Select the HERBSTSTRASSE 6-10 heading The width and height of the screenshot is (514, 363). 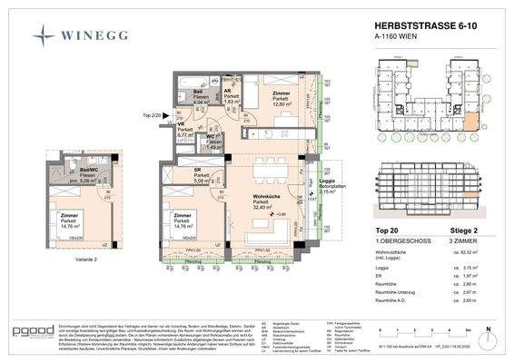[x=407, y=29]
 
